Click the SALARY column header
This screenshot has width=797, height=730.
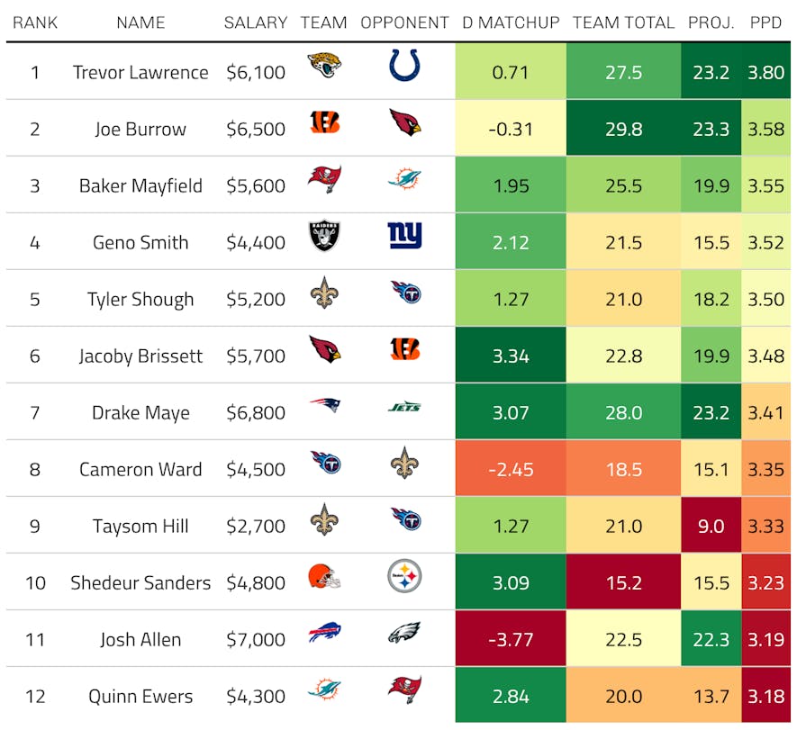point(256,23)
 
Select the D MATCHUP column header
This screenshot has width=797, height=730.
point(511,23)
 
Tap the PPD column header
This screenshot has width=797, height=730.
point(766,23)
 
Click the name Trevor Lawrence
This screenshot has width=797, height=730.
point(140,73)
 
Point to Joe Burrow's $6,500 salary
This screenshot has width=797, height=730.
point(256,130)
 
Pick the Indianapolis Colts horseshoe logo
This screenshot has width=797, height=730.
point(404,66)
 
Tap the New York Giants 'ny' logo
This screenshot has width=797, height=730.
point(404,236)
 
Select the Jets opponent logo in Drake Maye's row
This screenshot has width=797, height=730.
point(404,407)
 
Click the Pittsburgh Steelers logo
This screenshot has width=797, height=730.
point(404,576)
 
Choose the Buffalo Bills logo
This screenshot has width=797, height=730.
point(324,635)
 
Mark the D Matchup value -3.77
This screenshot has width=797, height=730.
point(511,640)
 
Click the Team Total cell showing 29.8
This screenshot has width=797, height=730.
point(623,130)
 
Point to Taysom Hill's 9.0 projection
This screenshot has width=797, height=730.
point(711,527)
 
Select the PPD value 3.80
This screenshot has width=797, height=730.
point(766,73)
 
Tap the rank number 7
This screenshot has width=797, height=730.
point(35,413)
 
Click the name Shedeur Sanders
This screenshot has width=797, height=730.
point(140,583)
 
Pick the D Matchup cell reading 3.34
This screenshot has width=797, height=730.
point(511,356)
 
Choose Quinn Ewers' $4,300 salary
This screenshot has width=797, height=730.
point(256,697)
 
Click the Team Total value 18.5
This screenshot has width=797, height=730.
point(623,470)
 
